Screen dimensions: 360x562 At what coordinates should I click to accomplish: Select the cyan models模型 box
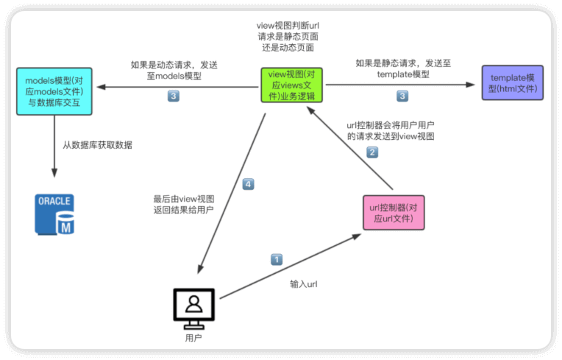pos(54,91)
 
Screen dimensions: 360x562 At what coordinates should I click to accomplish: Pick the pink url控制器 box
pos(394,212)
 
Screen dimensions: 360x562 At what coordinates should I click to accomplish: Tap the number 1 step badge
pos(277,259)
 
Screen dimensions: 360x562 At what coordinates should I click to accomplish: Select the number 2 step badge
pos(373,152)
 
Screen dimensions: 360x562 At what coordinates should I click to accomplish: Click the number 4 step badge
pos(248,184)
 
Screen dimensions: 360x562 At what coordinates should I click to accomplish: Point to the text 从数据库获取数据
pos(97,145)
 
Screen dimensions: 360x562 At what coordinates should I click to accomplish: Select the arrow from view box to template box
pos(397,85)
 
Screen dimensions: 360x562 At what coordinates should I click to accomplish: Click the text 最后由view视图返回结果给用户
pos(183,204)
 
